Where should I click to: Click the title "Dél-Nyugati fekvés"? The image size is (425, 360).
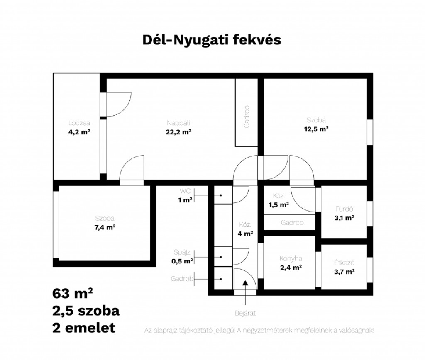[212, 40]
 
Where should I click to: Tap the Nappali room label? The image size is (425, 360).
[178, 123]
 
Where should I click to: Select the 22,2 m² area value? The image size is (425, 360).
[178, 132]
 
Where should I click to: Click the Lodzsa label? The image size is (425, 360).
[79, 123]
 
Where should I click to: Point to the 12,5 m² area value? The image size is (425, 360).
[316, 129]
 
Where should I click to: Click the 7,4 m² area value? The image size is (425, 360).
[105, 227]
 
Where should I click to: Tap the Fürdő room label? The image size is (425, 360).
[344, 209]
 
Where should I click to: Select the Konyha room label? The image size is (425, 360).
[291, 259]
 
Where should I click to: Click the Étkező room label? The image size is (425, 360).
[344, 263]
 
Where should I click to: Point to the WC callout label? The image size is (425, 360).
[185, 191]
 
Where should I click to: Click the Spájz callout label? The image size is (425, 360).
[182, 253]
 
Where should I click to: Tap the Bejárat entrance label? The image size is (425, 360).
[245, 314]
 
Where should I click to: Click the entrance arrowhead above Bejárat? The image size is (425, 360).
[245, 282]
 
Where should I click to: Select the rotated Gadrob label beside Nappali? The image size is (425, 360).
[247, 117]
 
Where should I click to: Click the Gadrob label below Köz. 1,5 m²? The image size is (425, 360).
[292, 223]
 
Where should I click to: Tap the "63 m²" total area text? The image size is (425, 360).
[73, 293]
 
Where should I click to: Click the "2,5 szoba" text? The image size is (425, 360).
[86, 311]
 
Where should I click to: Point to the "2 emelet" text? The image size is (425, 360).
[84, 328]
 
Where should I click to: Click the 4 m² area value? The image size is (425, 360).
[245, 234]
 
